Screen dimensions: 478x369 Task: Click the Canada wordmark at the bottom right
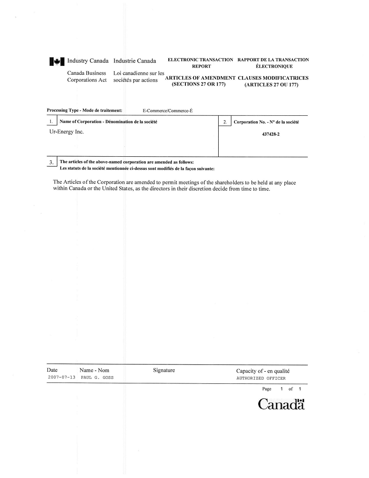click(x=281, y=404)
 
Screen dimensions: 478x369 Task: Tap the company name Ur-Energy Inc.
click(x=67, y=132)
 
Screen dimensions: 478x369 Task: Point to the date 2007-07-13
click(x=61, y=378)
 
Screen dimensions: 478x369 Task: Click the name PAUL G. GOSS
click(x=97, y=378)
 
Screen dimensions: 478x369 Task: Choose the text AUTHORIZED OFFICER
click(x=261, y=378)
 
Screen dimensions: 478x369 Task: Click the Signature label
click(x=164, y=370)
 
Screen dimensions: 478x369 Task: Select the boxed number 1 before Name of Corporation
click(x=52, y=122)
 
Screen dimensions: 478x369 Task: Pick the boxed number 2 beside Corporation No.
click(x=225, y=122)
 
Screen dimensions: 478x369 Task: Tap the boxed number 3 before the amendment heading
click(x=52, y=162)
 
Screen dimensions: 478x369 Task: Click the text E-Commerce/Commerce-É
click(x=167, y=111)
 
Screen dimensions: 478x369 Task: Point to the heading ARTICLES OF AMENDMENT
click(x=200, y=78)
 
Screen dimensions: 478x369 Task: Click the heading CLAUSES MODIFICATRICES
click(x=273, y=78)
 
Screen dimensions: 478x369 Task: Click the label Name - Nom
click(x=94, y=370)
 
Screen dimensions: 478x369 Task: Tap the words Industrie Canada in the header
click(x=135, y=61)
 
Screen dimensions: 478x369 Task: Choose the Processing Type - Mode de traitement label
click(x=85, y=110)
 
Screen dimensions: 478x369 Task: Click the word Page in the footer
click(x=267, y=389)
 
